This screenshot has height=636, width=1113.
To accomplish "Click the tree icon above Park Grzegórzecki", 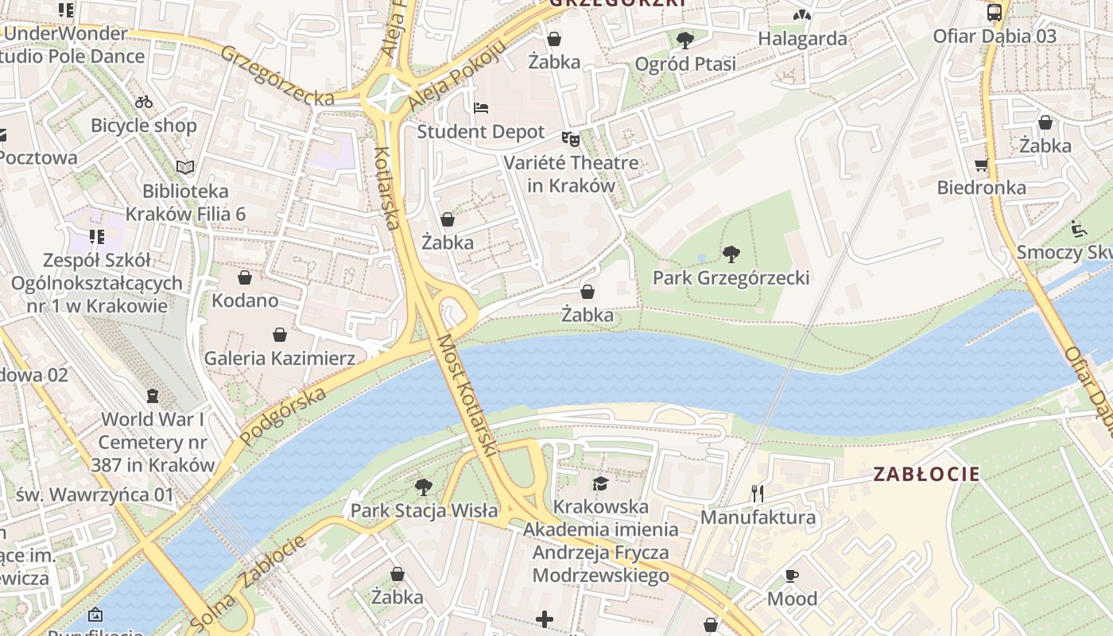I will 731,254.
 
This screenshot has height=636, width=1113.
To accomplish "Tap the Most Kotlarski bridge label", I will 467,395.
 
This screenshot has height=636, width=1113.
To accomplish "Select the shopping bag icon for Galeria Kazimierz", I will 279,335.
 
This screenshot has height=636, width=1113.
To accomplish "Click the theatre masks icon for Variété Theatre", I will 570,139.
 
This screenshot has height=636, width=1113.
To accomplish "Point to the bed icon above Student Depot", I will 480,108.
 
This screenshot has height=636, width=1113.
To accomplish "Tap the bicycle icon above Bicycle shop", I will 144,102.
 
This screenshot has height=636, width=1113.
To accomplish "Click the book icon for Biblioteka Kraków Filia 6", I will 185,167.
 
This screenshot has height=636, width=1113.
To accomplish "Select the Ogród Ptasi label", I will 685,64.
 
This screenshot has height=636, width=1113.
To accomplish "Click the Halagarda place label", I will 802,38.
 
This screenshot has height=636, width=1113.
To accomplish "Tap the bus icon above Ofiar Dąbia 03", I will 994,12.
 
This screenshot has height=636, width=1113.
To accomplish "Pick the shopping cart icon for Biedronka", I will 981,165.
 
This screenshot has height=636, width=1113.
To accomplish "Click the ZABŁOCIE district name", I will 926,475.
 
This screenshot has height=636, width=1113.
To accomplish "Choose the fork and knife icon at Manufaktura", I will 757,494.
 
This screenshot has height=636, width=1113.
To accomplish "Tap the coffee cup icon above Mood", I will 791,576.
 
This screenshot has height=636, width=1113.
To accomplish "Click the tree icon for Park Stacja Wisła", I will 424,487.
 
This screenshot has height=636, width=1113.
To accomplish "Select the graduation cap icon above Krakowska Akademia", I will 600,483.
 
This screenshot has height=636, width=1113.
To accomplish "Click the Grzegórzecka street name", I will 277,76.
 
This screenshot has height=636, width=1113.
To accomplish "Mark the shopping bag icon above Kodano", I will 244,277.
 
